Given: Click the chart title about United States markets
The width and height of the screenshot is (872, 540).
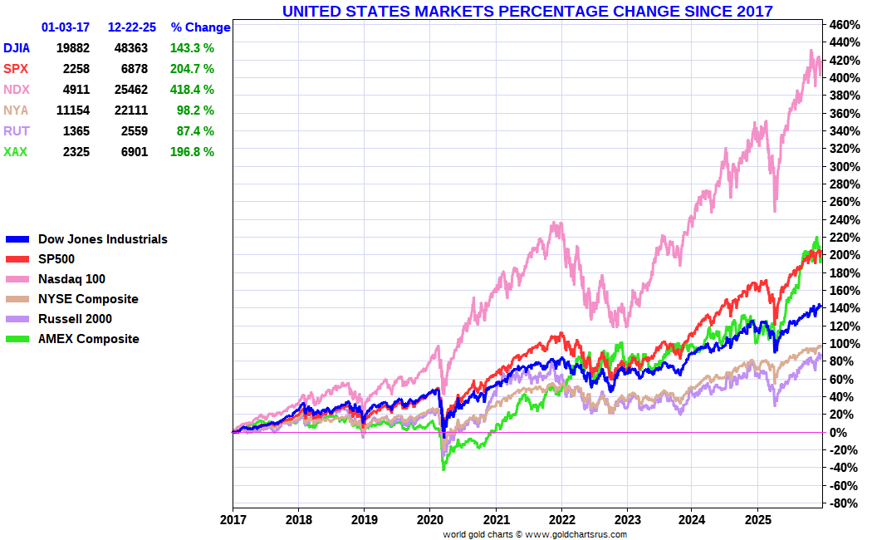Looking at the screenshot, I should click(527, 11).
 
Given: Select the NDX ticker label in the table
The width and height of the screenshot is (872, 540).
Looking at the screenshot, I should click(16, 90).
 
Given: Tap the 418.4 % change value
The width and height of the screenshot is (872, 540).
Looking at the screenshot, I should click(193, 90).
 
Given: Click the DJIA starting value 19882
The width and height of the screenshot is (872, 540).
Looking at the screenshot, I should click(73, 48).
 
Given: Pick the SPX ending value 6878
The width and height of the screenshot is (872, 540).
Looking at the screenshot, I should click(134, 69).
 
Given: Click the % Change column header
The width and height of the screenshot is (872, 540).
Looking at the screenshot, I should click(200, 27).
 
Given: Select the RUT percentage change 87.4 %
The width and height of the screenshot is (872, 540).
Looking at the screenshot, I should click(193, 131).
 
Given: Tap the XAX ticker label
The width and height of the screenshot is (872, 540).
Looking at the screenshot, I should click(16, 152).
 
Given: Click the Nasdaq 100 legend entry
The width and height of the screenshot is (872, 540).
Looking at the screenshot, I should click(71, 279).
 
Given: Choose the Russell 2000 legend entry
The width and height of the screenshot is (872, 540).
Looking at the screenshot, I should click(75, 319).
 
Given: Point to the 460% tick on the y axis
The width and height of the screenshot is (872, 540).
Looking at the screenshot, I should click(844, 24).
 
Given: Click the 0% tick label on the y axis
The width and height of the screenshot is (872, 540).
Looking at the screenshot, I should click(839, 433).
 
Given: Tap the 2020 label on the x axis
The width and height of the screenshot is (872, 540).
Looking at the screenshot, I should click(429, 519).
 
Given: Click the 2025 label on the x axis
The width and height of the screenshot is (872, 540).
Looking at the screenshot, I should click(757, 519).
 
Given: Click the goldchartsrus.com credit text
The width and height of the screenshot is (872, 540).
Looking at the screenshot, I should click(535, 534).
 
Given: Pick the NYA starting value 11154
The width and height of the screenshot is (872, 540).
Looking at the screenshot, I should click(73, 110).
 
